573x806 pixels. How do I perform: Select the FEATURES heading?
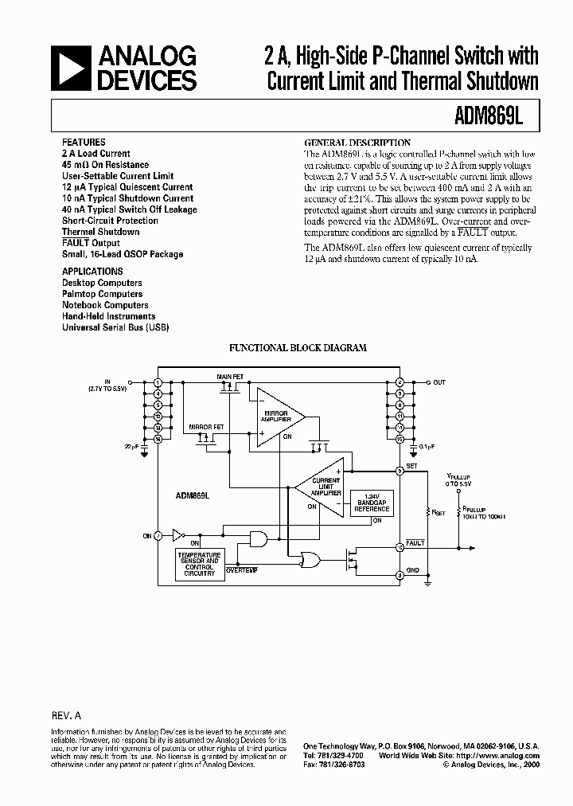[x=83, y=143]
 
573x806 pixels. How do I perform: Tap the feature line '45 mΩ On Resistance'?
[x=105, y=165]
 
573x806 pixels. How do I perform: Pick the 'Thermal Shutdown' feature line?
[x=100, y=232]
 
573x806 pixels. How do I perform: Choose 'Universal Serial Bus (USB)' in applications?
[x=115, y=327]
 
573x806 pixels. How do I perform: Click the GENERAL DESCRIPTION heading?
[x=358, y=143]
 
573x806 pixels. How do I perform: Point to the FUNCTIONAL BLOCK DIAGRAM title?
[x=298, y=348]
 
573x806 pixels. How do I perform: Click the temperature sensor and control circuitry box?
[x=199, y=562]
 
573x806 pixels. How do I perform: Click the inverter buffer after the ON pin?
[x=177, y=536]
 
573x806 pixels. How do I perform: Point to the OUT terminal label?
[x=439, y=382]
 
